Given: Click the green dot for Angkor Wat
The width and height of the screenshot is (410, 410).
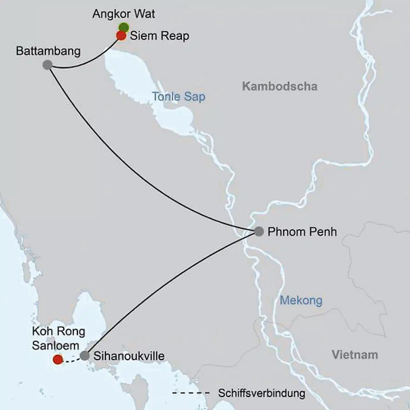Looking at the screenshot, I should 124,27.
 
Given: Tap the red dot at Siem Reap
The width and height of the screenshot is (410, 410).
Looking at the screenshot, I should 121,36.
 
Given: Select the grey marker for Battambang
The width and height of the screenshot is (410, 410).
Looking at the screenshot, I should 48,65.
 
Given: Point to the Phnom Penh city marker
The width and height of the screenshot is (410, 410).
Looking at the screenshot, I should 259,231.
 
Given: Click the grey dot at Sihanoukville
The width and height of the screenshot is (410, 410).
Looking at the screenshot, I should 85,356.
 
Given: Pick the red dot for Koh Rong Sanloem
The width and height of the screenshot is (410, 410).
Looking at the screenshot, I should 58,359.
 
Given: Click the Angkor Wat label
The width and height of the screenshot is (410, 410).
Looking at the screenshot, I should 124,14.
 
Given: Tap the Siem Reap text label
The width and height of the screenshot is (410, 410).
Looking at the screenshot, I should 159,36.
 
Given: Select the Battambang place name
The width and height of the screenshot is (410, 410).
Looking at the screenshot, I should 48,51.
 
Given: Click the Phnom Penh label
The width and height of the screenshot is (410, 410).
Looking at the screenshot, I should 302,232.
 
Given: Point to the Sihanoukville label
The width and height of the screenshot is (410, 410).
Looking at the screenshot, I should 129,356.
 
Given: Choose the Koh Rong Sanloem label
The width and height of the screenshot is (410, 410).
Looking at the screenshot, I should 58,339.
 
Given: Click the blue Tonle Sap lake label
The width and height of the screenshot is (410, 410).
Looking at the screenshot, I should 179,97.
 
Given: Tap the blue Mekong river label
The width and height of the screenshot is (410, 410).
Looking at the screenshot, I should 301,300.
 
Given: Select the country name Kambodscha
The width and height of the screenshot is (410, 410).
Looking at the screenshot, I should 280,86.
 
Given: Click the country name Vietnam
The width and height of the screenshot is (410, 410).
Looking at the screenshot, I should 355,355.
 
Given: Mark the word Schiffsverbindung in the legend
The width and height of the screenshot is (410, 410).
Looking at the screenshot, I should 262,393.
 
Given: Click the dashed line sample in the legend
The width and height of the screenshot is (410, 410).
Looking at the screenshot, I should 191,393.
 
